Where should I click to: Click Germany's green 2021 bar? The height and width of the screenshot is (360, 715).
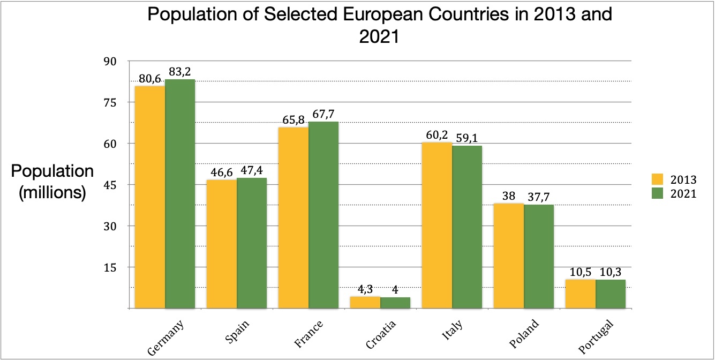(x=180, y=193)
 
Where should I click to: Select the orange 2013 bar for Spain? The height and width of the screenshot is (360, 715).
(x=222, y=244)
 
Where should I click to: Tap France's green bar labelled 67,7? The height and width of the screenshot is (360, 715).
(x=323, y=214)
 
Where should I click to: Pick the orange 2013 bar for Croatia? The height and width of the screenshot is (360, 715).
(x=365, y=303)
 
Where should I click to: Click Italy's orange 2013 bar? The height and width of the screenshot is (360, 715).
(x=437, y=225)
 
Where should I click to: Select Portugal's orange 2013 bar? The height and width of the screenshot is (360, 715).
(x=581, y=294)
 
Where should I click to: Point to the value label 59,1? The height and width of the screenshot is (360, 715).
(x=468, y=138)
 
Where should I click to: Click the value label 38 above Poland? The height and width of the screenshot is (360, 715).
(x=509, y=196)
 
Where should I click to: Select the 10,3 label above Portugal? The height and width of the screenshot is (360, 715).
(x=611, y=272)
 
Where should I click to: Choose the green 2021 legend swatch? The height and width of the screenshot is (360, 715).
(x=657, y=194)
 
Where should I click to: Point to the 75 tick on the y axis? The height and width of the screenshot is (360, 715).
(x=109, y=102)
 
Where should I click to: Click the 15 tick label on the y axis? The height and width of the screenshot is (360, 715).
(x=109, y=267)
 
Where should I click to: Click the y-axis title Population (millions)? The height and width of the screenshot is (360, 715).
(x=52, y=182)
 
